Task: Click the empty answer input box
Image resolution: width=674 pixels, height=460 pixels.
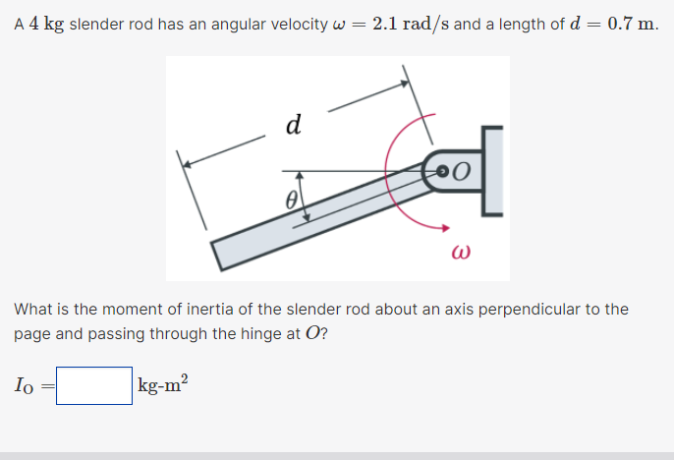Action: (94, 385)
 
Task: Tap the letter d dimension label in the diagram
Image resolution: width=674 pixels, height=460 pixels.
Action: (292, 125)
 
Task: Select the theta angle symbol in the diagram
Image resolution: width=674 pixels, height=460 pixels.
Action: (291, 200)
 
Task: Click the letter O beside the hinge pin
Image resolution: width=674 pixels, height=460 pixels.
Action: (464, 172)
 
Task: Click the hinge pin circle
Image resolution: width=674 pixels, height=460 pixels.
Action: (441, 171)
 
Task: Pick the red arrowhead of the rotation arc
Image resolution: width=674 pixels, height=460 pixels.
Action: (429, 224)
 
